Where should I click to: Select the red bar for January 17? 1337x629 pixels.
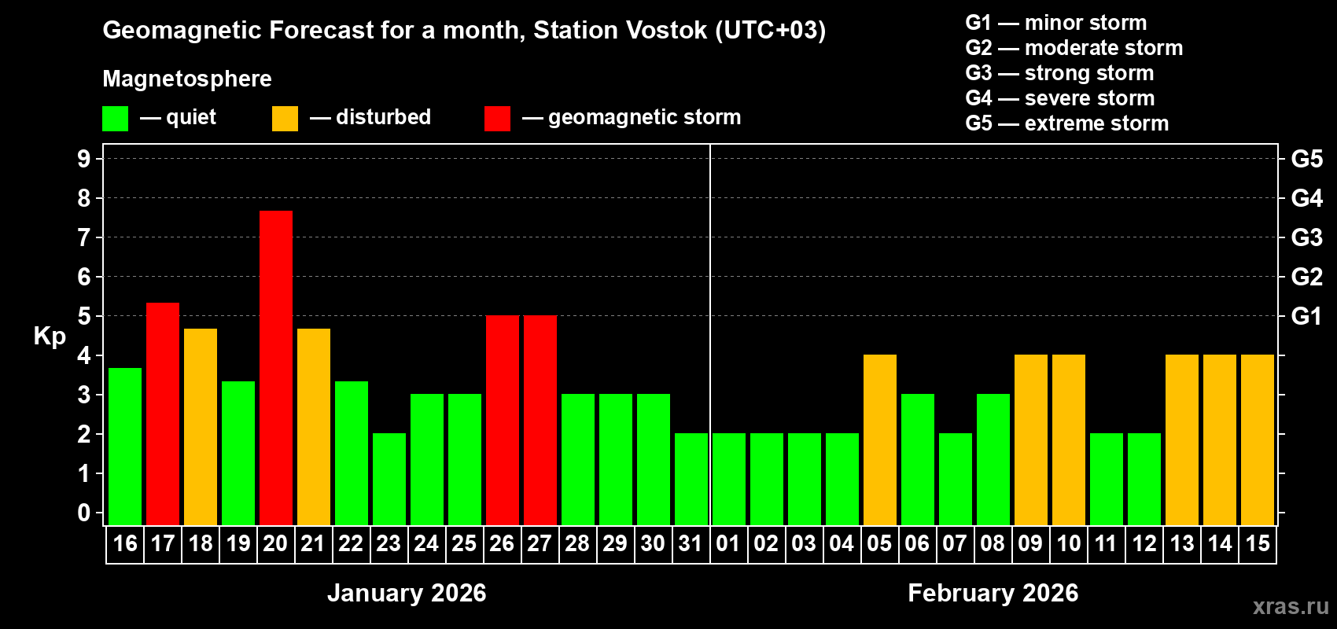click(x=163, y=414)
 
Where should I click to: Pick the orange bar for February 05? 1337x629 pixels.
click(x=880, y=440)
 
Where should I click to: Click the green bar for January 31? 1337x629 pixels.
click(x=691, y=479)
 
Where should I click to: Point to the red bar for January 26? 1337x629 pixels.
click(x=503, y=420)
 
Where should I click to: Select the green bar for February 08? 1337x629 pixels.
click(x=993, y=459)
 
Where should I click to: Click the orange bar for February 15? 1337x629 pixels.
click(x=1258, y=440)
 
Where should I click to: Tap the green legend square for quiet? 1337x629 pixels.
click(x=116, y=119)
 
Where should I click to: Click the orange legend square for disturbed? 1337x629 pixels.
click(x=285, y=119)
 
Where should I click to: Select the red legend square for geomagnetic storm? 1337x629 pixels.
click(x=498, y=119)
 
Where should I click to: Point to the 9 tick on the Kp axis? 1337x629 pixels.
click(x=84, y=159)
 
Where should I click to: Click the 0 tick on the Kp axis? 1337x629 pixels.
click(x=84, y=513)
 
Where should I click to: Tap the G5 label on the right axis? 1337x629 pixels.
click(x=1307, y=159)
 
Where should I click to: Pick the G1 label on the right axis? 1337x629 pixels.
click(x=1307, y=316)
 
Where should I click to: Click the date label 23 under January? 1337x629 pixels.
click(x=389, y=543)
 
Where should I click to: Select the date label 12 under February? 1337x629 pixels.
click(x=1144, y=543)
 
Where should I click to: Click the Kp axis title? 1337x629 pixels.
click(x=50, y=336)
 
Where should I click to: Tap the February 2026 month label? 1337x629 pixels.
click(x=993, y=593)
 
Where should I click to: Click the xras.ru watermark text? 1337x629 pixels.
click(x=1291, y=606)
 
